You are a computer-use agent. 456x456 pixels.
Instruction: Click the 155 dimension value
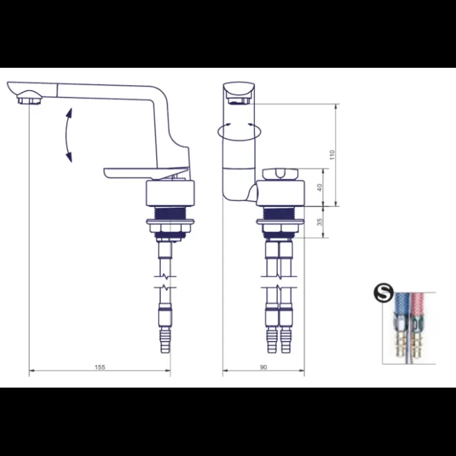point(100,367)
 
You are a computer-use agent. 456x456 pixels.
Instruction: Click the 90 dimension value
point(263,367)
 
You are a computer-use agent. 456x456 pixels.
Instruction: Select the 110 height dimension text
point(332,155)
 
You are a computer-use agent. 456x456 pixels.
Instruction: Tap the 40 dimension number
point(319,187)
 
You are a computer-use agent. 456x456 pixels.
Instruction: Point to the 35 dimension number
point(319,222)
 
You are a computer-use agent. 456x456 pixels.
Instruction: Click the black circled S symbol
point(383,293)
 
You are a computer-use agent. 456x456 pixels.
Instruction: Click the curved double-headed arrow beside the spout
point(67,135)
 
